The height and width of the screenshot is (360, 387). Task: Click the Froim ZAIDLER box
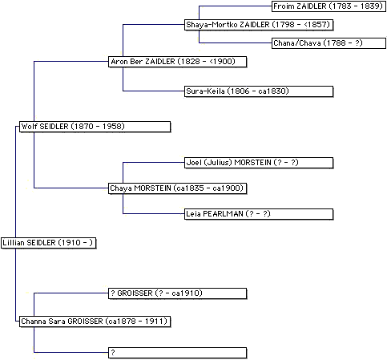click(329, 6)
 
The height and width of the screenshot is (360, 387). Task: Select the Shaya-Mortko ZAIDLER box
click(259, 25)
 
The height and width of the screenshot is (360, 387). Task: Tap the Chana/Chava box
click(329, 43)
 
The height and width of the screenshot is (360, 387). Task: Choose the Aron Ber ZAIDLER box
click(177, 62)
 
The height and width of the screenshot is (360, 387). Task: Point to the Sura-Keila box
click(259, 91)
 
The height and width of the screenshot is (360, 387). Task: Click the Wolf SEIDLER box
click(95, 127)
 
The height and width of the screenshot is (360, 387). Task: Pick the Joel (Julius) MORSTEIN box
click(259, 163)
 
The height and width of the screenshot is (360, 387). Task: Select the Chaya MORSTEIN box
click(177, 188)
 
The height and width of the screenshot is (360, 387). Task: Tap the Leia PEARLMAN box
click(259, 214)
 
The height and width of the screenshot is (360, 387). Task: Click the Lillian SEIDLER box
click(48, 243)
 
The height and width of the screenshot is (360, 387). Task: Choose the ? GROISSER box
click(177, 293)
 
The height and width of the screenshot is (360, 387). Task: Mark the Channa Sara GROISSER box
click(95, 322)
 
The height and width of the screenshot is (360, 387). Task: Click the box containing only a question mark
click(177, 353)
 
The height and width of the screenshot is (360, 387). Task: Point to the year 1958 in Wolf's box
click(112, 126)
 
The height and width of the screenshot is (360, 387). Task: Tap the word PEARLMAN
click(224, 214)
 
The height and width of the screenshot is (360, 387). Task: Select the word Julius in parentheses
click(218, 163)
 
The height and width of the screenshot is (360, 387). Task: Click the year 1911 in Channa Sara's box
click(155, 321)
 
